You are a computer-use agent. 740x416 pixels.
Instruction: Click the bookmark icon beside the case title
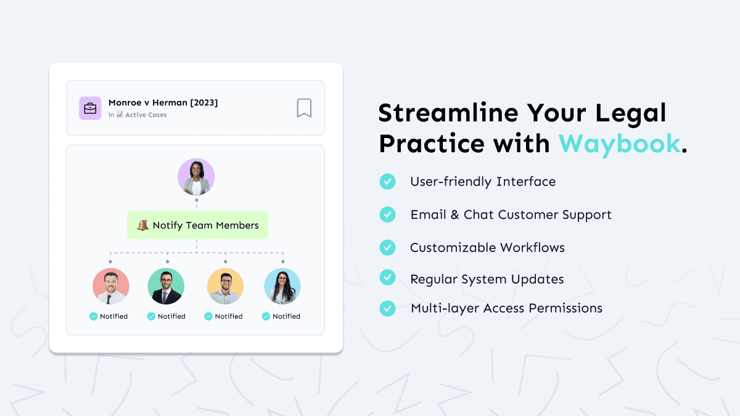point(304,108)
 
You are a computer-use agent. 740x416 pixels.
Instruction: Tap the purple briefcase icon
point(90,108)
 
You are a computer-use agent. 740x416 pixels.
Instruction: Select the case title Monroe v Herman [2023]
point(163,103)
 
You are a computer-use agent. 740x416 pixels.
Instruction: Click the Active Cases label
point(146,115)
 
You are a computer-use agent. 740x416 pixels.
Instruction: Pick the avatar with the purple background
point(196,177)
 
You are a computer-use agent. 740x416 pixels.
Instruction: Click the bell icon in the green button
point(143,225)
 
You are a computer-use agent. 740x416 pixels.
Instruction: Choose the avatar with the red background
point(111,287)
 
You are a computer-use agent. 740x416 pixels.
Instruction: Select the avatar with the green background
point(166,287)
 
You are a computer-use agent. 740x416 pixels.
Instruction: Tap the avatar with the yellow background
point(225,287)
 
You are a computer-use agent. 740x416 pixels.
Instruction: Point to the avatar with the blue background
point(282,287)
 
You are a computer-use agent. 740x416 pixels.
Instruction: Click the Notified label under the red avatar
point(113,316)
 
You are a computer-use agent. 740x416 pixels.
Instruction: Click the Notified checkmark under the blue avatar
point(266,316)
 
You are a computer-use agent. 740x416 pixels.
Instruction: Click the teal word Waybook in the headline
point(620,144)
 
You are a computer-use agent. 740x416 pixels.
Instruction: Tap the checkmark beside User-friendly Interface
point(387,181)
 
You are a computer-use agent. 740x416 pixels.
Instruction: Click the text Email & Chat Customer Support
point(511,214)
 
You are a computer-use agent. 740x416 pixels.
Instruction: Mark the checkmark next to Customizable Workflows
point(387,247)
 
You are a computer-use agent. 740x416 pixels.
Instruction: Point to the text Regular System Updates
point(487,279)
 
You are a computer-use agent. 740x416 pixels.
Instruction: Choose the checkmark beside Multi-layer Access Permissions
point(387,308)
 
